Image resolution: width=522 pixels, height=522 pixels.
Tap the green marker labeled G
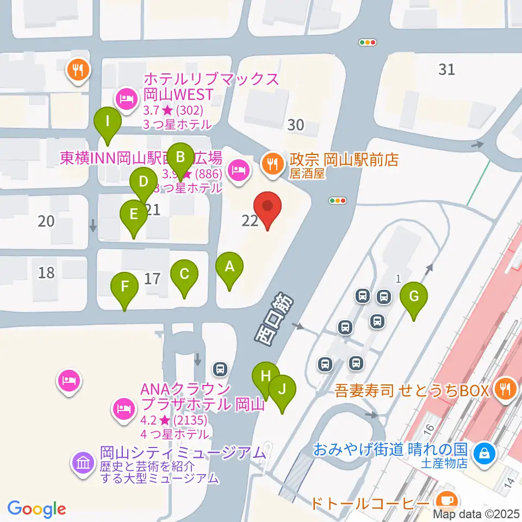click(414, 297)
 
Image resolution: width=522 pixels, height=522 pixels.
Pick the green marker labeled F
click(125, 286)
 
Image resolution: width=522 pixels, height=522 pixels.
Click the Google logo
click(37, 509)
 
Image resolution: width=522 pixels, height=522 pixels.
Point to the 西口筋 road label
click(274, 319)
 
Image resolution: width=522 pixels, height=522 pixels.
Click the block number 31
click(446, 70)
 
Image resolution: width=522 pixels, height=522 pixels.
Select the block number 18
click(47, 272)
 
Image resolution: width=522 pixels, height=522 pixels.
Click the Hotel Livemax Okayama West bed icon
click(126, 99)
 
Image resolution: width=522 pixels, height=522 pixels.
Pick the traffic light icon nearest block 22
click(338, 201)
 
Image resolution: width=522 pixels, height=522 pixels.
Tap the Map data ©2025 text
click(476, 513)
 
